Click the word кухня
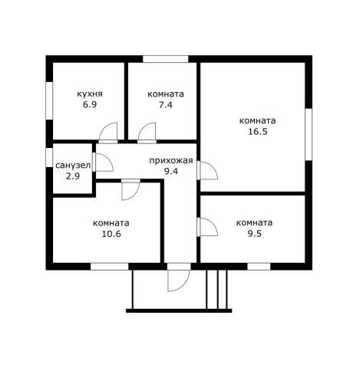tap(90, 94)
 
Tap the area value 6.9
tap(90, 104)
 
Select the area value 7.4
tap(166, 105)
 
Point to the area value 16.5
tap(258, 131)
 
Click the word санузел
tap(73, 166)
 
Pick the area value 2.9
tap(73, 176)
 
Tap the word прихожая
tap(171, 161)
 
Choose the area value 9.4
tap(171, 171)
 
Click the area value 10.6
tap(111, 234)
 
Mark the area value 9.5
tap(255, 233)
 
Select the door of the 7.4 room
tap(147, 133)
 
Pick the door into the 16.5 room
tap(207, 170)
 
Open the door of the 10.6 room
tap(130, 190)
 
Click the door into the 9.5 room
tap(207, 227)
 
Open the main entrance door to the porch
tap(178, 278)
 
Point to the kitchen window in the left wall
tap(49, 100)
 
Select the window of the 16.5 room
tap(309, 134)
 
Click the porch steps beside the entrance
tap(216, 289)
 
